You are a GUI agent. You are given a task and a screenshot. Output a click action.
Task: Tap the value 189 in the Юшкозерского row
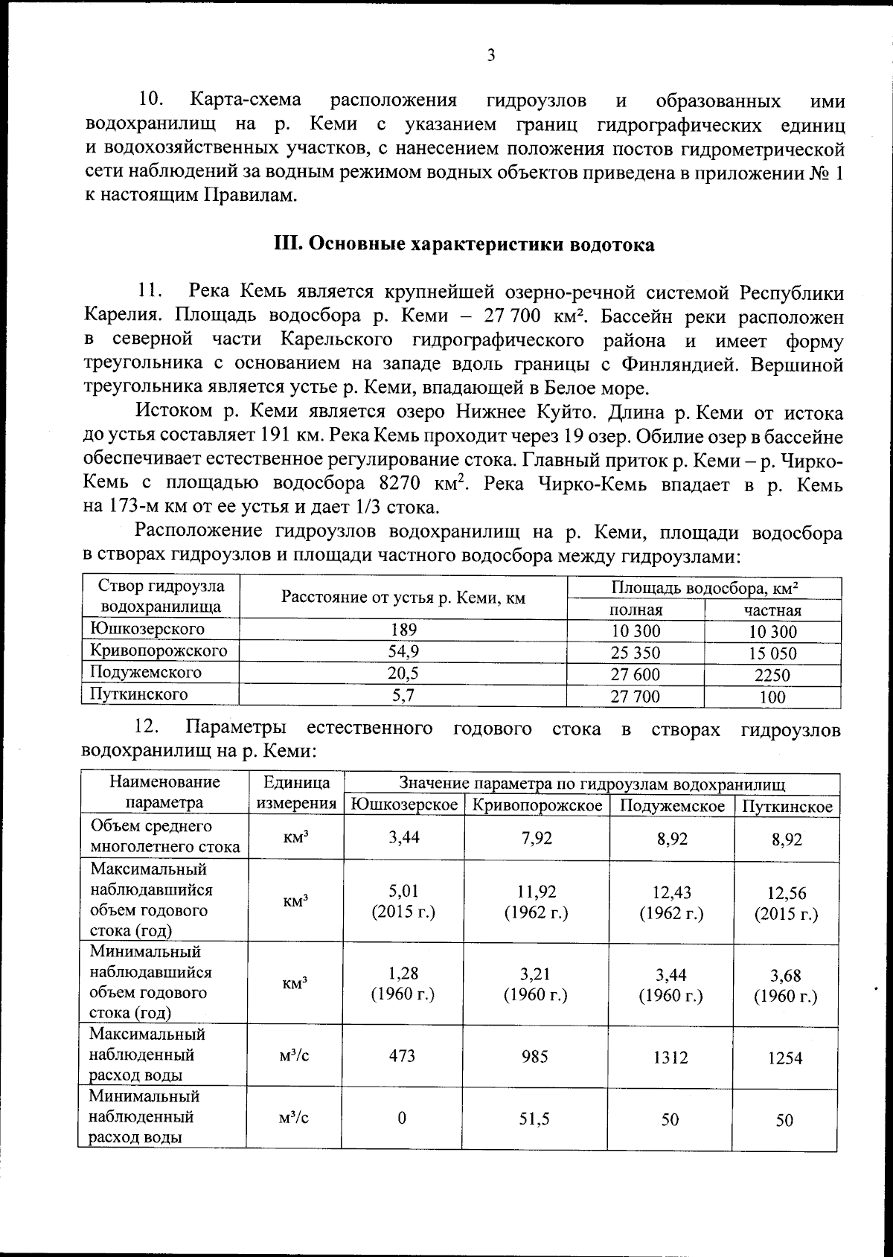403,630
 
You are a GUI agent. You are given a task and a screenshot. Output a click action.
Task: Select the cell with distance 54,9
403,651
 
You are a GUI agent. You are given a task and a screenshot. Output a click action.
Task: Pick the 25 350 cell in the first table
635,653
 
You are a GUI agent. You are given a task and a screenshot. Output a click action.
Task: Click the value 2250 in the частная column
772,675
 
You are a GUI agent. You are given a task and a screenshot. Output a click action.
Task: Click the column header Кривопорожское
537,806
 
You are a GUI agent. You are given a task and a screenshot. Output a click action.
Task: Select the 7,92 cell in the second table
537,838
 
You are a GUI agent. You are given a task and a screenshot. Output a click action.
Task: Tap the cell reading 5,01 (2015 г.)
403,901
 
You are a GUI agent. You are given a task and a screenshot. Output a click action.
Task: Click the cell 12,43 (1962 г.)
671,903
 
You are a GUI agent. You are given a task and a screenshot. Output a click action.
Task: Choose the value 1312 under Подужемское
670,1058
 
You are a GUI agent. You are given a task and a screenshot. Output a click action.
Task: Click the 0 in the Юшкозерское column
402,1119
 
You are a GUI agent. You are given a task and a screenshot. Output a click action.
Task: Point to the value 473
402,1055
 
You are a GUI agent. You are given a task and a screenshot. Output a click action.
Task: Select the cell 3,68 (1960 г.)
785,985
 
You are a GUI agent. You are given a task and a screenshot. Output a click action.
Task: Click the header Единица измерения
296,793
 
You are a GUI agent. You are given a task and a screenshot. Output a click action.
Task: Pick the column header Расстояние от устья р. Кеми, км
403,598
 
